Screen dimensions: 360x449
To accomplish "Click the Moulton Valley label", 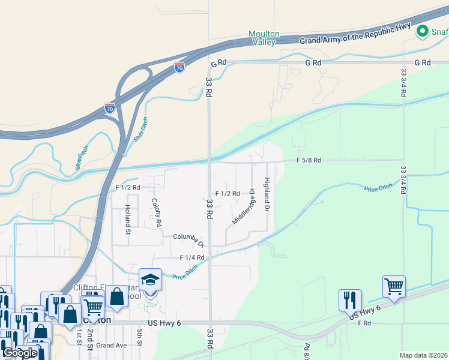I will [x=262, y=38].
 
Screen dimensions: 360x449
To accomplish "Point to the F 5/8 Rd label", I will [x=310, y=160].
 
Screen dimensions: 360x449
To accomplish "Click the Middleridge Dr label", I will [x=244, y=207].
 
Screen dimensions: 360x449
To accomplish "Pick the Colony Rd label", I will [x=157, y=212].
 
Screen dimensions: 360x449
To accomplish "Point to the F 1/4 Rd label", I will [x=193, y=257].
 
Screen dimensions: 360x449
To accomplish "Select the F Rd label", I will [x=365, y=323].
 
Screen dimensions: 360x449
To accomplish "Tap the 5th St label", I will [x=139, y=337].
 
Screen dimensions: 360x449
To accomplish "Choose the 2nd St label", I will [x=90, y=336].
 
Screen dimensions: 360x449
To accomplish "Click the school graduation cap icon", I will [x=150, y=280].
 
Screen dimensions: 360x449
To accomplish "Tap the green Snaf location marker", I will [x=423, y=31].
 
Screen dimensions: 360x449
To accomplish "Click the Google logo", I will [x=20, y=352].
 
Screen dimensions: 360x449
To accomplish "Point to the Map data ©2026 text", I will [x=423, y=355].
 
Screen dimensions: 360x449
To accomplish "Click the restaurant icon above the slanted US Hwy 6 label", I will [x=350, y=299].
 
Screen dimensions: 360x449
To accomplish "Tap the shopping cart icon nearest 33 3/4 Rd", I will [x=394, y=287].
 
